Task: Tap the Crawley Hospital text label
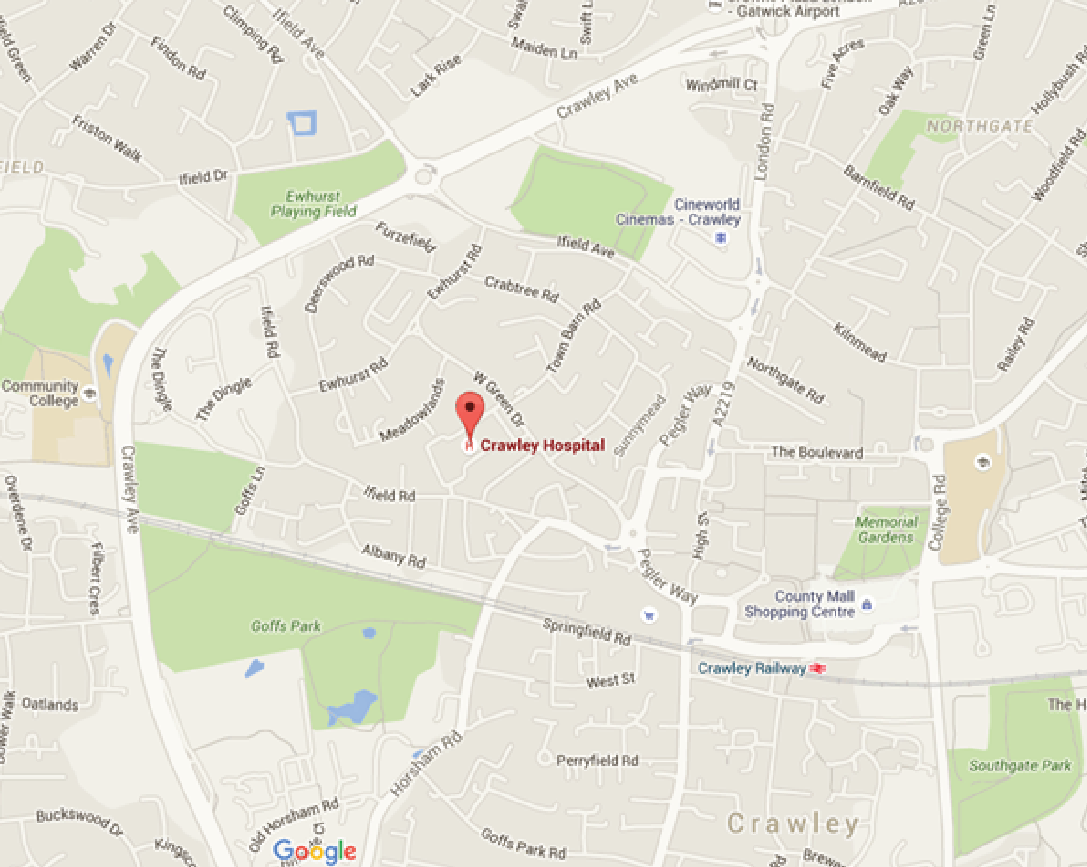pyautogui.click(x=542, y=445)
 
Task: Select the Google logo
pyautogui.click(x=315, y=850)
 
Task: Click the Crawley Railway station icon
pyautogui.click(x=818, y=669)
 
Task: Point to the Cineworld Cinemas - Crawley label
pyautogui.click(x=678, y=212)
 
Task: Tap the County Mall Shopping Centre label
pyautogui.click(x=800, y=604)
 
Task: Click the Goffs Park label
pyautogui.click(x=285, y=626)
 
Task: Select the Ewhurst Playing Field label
pyautogui.click(x=313, y=204)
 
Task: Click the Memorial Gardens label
pyautogui.click(x=887, y=529)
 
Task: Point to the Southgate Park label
pyautogui.click(x=1020, y=765)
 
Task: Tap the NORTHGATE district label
pyautogui.click(x=979, y=126)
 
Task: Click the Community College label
pyautogui.click(x=41, y=393)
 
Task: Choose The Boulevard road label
pyautogui.click(x=817, y=452)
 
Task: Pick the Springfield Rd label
pyautogui.click(x=587, y=631)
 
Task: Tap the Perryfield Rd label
pyautogui.click(x=597, y=760)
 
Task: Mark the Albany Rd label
pyautogui.click(x=394, y=556)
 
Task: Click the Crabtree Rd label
pyautogui.click(x=522, y=288)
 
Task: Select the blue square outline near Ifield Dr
pyautogui.click(x=301, y=123)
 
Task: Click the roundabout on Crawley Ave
pyautogui.click(x=423, y=176)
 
